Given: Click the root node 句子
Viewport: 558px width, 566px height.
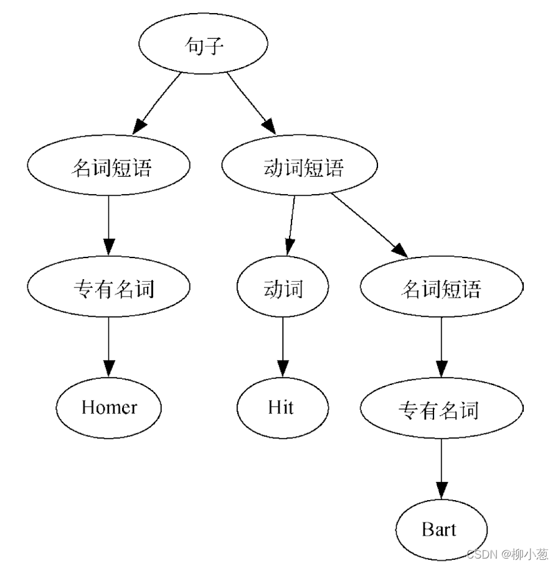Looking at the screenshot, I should (x=203, y=45).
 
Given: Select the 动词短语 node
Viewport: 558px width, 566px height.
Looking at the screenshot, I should (x=300, y=168).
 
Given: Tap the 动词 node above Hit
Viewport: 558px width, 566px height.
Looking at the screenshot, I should (x=283, y=289).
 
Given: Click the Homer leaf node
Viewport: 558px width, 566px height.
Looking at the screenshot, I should (x=109, y=408).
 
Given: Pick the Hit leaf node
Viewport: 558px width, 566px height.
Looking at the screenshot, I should (x=282, y=408).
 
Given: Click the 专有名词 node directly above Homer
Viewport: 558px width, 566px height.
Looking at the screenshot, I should (x=109, y=289).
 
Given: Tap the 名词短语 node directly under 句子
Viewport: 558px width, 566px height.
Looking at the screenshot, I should (x=109, y=168).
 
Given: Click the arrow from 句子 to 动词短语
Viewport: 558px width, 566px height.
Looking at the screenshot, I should (x=251, y=103).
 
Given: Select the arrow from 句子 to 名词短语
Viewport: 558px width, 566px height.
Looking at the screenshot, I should (x=159, y=103).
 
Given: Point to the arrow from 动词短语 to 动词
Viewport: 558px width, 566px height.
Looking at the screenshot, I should (x=291, y=224).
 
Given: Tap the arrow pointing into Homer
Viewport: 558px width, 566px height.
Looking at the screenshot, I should (x=109, y=348).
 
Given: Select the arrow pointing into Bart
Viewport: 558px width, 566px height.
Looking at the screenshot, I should (x=441, y=470).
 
